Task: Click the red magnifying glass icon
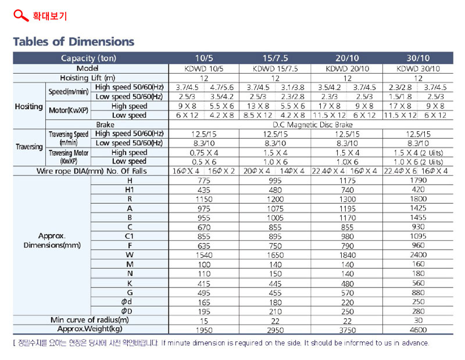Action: (x=21, y=16)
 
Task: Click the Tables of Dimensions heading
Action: (x=74, y=42)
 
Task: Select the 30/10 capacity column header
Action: (x=418, y=58)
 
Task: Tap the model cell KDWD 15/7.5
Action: (x=275, y=69)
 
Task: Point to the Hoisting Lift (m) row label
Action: (x=88, y=78)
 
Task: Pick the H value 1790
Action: (x=418, y=180)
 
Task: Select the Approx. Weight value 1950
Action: (x=204, y=330)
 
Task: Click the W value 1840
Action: (x=347, y=255)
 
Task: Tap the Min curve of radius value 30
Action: (x=418, y=321)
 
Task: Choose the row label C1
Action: (x=129, y=236)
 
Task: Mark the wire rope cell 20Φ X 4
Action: (x=257, y=171)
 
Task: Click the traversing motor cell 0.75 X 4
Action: (x=204, y=153)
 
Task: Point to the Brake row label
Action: (x=105, y=125)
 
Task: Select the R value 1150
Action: (x=204, y=199)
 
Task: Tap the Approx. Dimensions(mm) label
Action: (x=52, y=240)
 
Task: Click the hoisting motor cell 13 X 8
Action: (x=258, y=106)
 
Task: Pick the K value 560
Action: (x=418, y=283)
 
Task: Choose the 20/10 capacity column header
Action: (x=347, y=58)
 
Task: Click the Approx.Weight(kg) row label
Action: (x=90, y=329)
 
